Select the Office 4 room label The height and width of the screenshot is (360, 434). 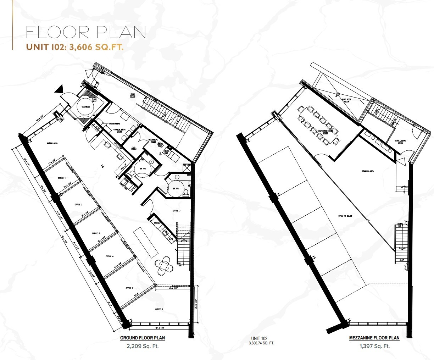(x=109, y=256)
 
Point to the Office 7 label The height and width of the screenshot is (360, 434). (x=176, y=211)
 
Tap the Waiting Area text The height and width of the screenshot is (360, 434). (x=52, y=143)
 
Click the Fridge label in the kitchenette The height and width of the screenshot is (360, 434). (x=156, y=222)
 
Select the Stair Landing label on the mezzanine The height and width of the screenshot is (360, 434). (x=401, y=141)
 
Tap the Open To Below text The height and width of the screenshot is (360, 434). (x=345, y=216)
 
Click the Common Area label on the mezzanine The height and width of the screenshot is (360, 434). (x=368, y=171)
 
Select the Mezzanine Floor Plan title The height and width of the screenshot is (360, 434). (x=374, y=338)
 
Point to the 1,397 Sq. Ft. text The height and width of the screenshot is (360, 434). (x=374, y=346)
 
